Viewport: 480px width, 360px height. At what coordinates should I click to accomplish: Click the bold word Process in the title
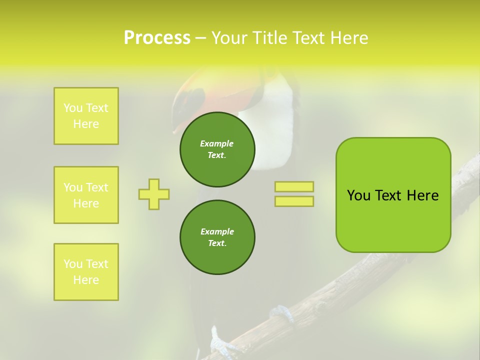[157, 38]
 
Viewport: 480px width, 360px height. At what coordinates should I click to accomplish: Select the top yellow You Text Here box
[86, 116]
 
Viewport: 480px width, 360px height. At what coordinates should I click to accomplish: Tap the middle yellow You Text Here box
[86, 195]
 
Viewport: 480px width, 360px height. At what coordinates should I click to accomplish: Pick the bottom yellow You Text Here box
[86, 272]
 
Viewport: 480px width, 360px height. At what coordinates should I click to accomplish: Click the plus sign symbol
[154, 194]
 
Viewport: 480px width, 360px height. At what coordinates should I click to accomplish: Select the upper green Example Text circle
[217, 149]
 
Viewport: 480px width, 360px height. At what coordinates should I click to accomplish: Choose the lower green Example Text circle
[217, 237]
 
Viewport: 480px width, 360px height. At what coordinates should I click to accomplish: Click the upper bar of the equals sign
[294, 187]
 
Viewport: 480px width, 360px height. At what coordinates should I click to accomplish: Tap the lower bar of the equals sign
[294, 201]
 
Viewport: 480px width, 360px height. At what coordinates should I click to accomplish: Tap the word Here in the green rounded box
[422, 195]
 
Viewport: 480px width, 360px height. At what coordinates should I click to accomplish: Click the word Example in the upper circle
[216, 143]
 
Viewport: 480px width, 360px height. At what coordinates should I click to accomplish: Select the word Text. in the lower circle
[217, 243]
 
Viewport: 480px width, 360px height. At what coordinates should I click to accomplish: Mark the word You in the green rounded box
[358, 195]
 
